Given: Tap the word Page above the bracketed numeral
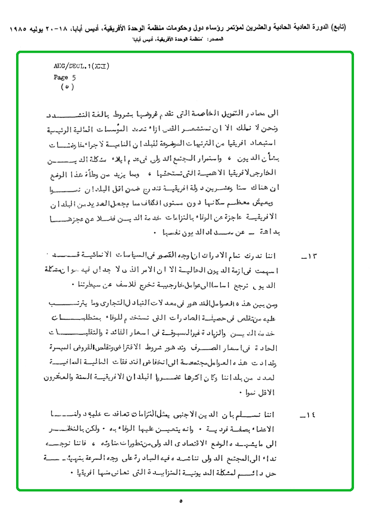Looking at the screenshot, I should pyautogui.click(x=61, y=77).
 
